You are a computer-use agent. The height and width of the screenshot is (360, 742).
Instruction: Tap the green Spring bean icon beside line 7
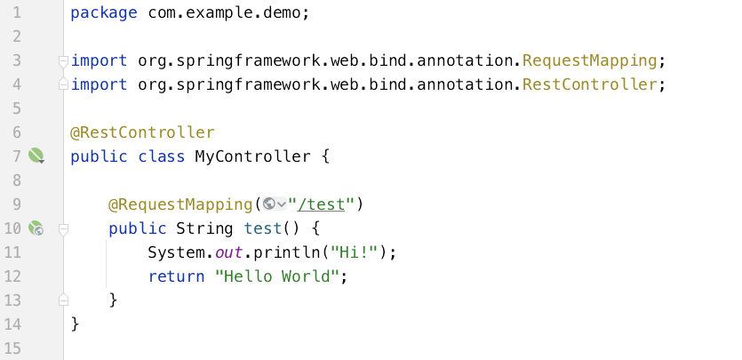point(36,156)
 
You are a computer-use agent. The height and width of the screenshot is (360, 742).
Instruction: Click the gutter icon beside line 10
point(36,228)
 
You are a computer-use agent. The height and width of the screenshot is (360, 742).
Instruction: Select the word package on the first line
point(103,13)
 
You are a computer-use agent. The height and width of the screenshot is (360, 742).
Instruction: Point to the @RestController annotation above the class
point(142,132)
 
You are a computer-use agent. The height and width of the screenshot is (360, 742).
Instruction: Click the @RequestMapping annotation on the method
point(180,204)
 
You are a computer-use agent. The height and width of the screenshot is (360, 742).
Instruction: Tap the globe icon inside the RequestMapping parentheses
point(270,204)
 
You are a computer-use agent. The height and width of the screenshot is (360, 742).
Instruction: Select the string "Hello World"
point(278,276)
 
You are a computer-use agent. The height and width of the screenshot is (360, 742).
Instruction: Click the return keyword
point(177,276)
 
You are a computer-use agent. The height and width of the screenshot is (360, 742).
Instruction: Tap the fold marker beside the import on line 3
point(62,60)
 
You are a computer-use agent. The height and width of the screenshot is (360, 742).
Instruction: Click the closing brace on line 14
point(75,324)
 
